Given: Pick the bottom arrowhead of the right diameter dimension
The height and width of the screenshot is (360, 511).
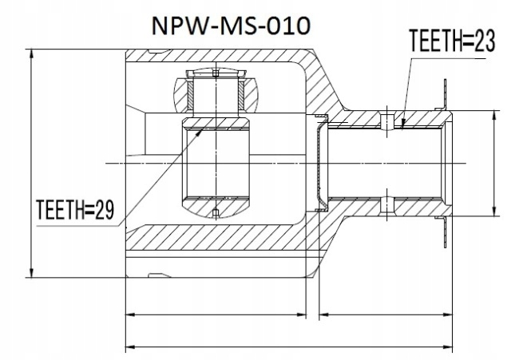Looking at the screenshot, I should point(493,214).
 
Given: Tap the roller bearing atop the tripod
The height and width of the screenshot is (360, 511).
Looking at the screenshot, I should point(216,90).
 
